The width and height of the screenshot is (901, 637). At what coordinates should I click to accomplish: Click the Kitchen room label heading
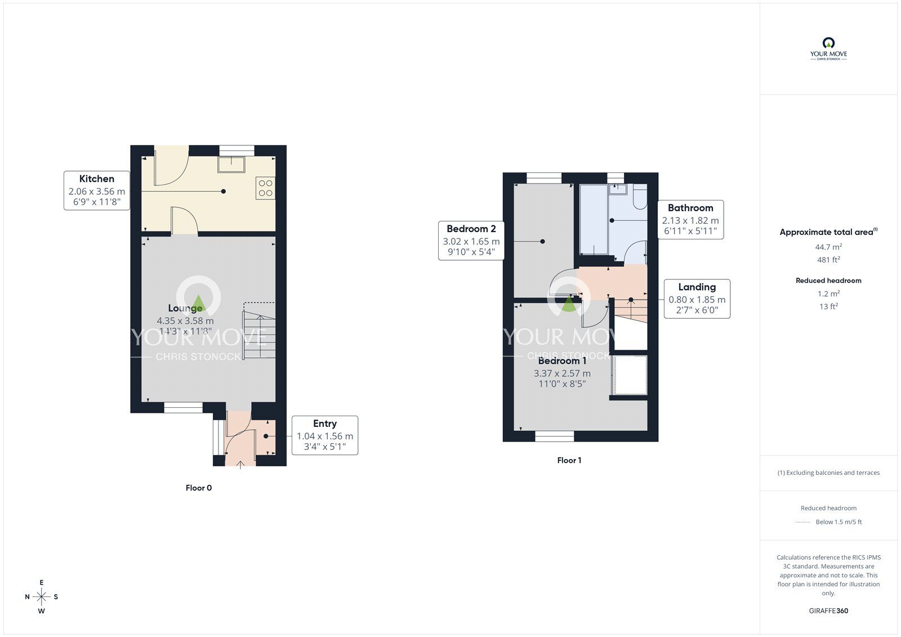click(96, 179)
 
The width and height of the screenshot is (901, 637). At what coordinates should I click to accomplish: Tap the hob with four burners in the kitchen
click(265, 188)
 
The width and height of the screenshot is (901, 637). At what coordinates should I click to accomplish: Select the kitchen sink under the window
click(231, 164)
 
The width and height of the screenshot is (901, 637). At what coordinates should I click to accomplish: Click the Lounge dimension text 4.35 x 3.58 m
click(185, 320)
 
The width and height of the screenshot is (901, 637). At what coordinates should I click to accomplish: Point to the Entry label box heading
click(324, 424)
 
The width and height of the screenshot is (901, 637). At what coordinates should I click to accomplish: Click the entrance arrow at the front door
click(240, 465)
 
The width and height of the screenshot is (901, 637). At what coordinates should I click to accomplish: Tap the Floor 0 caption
click(199, 488)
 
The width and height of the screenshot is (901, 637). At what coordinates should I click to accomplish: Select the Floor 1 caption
click(569, 460)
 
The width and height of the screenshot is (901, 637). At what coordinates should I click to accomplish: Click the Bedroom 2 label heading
click(471, 229)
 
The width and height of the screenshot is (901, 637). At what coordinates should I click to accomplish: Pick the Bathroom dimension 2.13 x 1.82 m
click(690, 221)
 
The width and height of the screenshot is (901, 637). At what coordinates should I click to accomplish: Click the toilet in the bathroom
click(640, 197)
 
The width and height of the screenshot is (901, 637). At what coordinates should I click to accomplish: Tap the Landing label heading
click(697, 287)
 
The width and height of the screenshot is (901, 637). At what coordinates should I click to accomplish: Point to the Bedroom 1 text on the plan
click(562, 360)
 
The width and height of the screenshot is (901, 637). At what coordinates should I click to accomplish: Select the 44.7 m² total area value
click(828, 247)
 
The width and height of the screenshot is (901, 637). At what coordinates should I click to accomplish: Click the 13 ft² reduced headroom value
click(828, 306)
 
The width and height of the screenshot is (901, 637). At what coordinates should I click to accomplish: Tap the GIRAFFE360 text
click(828, 611)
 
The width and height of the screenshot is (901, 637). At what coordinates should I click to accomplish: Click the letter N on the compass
click(28, 597)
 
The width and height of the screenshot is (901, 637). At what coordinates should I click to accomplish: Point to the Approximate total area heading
click(828, 232)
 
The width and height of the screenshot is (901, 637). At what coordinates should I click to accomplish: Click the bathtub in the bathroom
click(594, 219)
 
